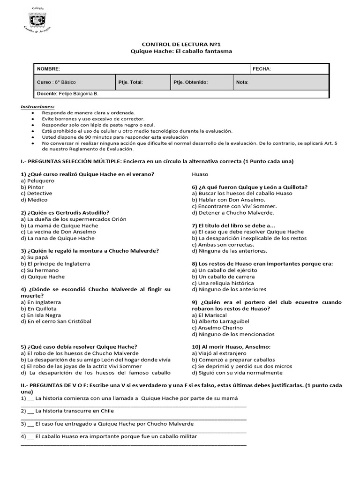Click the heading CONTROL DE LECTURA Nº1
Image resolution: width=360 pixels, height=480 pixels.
pos(181,44)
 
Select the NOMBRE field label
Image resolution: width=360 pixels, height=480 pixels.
pos(49,69)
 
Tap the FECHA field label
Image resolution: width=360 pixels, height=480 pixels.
pos(262,69)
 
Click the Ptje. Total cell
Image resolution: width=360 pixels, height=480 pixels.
pos(131,82)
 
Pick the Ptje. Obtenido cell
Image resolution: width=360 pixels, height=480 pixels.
pos(190,82)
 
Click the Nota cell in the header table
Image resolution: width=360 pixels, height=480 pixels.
pos(242,82)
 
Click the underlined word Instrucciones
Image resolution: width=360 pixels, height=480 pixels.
pos(37,106)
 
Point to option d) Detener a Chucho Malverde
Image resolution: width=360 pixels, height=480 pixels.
pos(227,212)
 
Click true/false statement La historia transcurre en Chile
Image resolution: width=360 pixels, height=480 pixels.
pos(75,411)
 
